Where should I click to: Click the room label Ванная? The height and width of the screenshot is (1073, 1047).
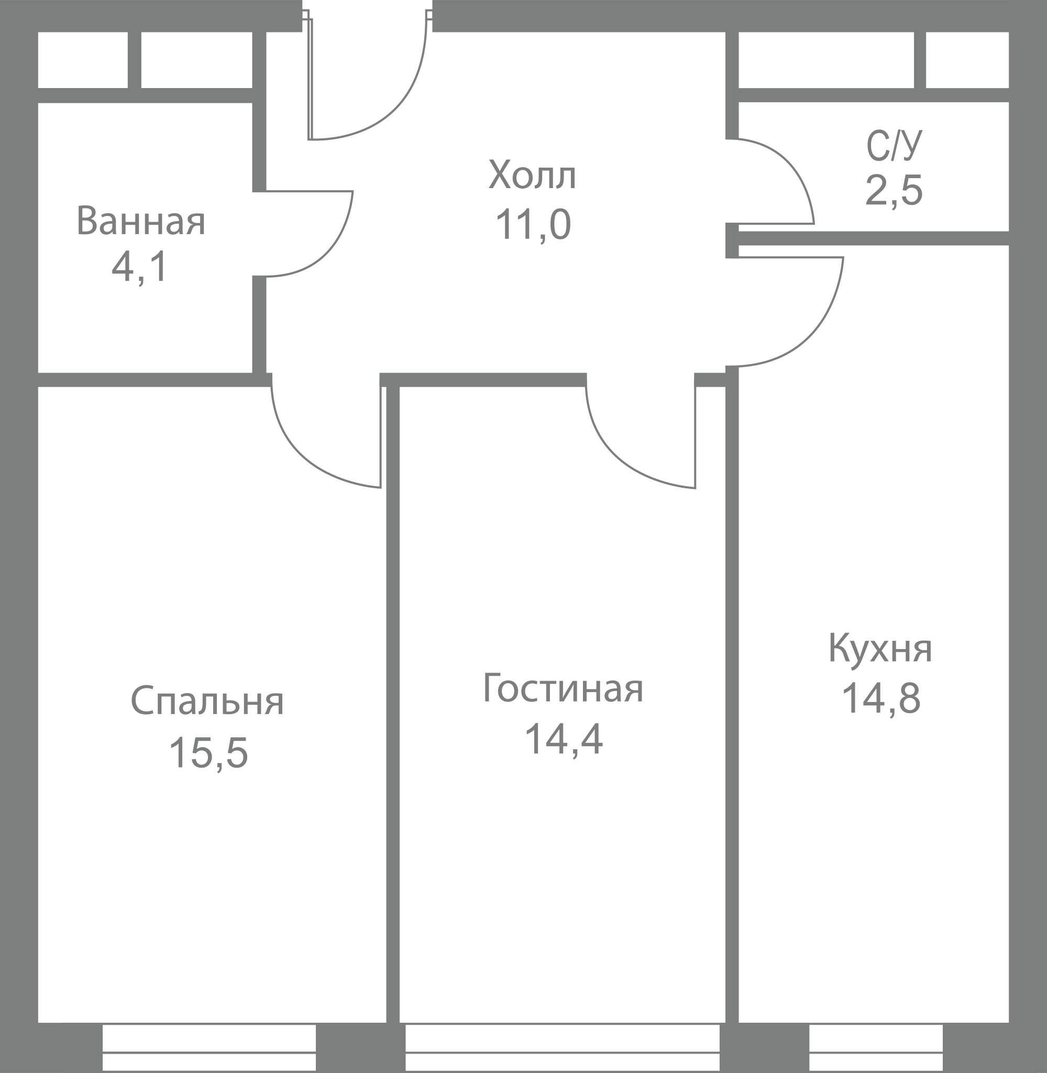coord(141,221)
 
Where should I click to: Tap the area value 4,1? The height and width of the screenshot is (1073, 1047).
coord(139,268)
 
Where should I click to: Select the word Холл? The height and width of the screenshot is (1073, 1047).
coord(532,175)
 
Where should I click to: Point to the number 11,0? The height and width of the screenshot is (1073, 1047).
coord(533,224)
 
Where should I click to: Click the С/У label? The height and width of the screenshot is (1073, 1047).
coord(894,145)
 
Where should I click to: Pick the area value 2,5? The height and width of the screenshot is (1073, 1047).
coord(894,190)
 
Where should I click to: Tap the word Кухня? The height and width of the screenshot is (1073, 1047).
coord(880,650)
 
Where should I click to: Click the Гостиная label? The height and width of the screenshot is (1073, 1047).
coord(563,688)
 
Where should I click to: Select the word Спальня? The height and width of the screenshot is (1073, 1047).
coord(207,700)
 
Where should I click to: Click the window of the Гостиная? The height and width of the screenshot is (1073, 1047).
coord(563,1048)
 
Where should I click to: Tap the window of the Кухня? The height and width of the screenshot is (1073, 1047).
coord(876,1048)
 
